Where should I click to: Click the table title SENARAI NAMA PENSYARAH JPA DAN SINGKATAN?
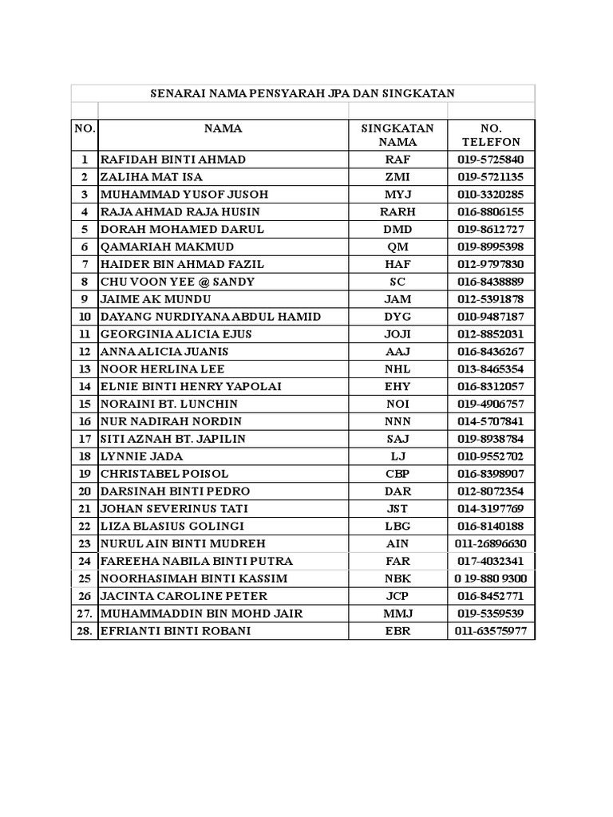[x=303, y=93]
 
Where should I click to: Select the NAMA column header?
[x=223, y=128]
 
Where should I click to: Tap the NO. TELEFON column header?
[x=491, y=135]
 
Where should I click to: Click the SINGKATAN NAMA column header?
[x=397, y=135]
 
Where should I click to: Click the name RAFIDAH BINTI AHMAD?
[x=172, y=160]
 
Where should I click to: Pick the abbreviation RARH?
[x=397, y=212]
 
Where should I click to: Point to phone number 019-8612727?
[x=491, y=230]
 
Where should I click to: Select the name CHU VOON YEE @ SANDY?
[x=177, y=282]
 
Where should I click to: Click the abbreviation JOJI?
[x=397, y=334]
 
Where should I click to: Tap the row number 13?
[x=85, y=369]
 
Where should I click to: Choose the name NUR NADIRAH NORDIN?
[x=171, y=421]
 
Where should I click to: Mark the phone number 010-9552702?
[x=491, y=456]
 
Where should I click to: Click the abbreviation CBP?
[x=397, y=474]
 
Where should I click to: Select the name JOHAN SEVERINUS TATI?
[x=174, y=509]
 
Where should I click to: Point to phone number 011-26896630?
[x=491, y=544]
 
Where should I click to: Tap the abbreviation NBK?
[x=397, y=579]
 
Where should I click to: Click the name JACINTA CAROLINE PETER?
[x=184, y=596]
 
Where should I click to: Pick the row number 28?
[x=85, y=631]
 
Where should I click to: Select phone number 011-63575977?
[x=491, y=631]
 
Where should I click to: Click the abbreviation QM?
[x=397, y=247]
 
